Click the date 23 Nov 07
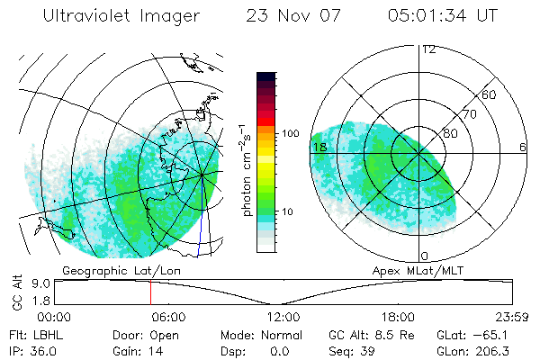point(296,16)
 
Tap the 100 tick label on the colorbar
point(290,133)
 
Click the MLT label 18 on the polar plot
point(319,147)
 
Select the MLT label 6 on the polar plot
point(523,147)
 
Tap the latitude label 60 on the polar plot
point(489,94)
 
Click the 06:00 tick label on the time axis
point(168,317)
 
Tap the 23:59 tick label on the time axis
point(510,317)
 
